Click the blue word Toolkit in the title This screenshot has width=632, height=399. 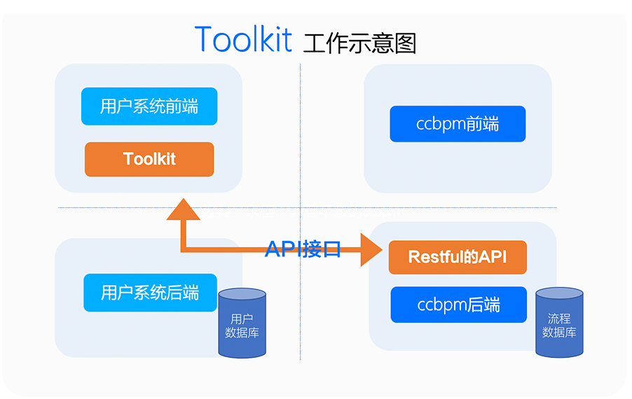pyautogui.click(x=243, y=39)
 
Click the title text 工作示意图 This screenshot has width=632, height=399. pyautogui.click(x=359, y=43)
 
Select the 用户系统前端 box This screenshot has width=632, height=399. pyautogui.click(x=149, y=106)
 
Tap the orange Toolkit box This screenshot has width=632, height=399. pyautogui.click(x=149, y=159)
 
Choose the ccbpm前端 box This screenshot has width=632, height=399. pyautogui.click(x=458, y=124)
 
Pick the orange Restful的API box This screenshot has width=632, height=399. pyautogui.click(x=458, y=258)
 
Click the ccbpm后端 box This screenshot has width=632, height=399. pyautogui.click(x=459, y=304)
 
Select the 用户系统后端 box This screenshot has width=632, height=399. pyautogui.click(x=150, y=293)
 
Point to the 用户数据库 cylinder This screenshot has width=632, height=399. pyautogui.click(x=242, y=323)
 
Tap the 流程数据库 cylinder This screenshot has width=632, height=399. pyautogui.click(x=559, y=322)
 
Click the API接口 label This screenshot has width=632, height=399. pyautogui.click(x=303, y=248)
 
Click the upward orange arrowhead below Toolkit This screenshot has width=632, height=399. pyautogui.click(x=184, y=209)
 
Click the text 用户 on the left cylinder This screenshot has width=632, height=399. pyautogui.click(x=242, y=319)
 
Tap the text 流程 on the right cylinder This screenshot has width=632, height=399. pyautogui.click(x=559, y=318)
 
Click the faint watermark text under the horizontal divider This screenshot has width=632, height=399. pyautogui.click(x=301, y=212)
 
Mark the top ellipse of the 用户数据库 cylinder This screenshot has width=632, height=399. pyautogui.click(x=242, y=294)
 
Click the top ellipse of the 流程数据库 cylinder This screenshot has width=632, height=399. pyautogui.click(x=559, y=293)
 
